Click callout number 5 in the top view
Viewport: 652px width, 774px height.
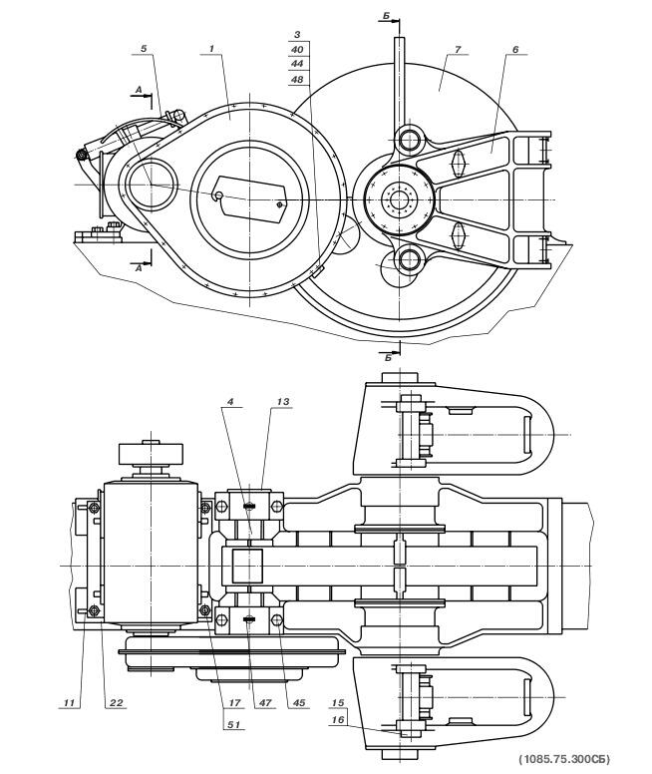[144, 48]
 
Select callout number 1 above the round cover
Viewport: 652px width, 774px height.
[211, 48]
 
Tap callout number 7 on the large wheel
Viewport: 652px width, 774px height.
[458, 49]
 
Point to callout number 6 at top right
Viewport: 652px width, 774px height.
[515, 49]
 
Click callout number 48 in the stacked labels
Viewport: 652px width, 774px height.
[297, 79]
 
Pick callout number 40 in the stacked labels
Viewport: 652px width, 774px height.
[297, 49]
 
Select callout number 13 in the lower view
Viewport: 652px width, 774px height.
[283, 402]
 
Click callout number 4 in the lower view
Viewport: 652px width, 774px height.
[230, 402]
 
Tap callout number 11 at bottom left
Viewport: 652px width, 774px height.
[69, 703]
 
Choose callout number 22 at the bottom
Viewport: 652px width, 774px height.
[116, 703]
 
